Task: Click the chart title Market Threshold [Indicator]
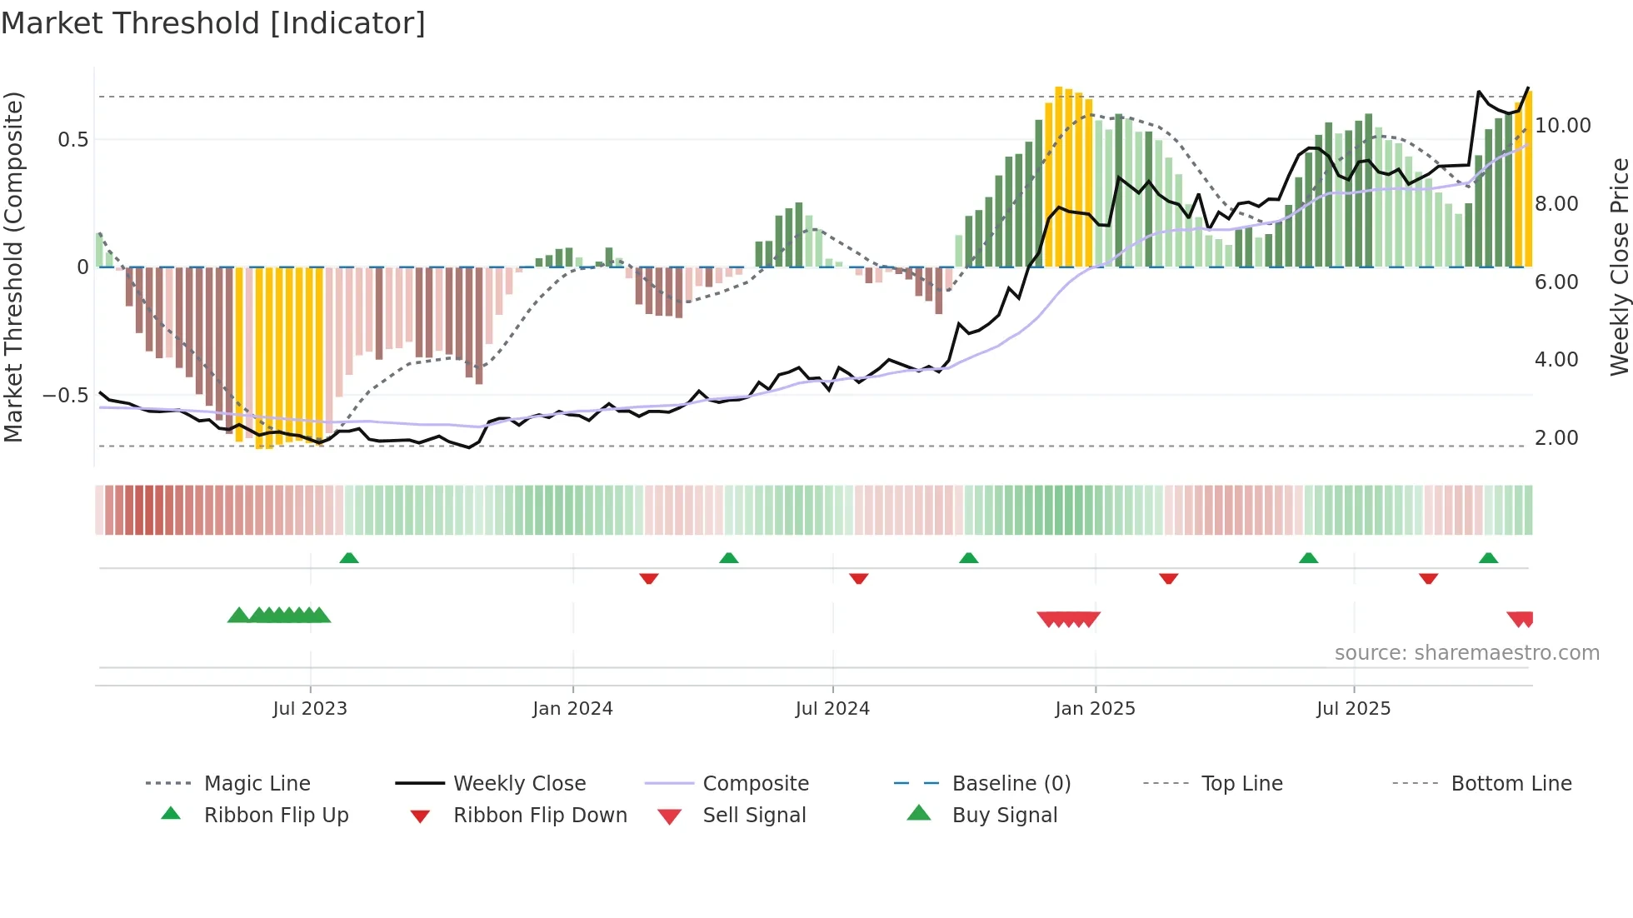(213, 23)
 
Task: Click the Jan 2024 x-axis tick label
(572, 708)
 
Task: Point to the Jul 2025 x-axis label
(1353, 708)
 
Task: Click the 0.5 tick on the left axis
(73, 139)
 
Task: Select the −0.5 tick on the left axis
(66, 395)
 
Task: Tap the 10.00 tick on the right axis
(1562, 126)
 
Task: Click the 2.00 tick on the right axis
(1556, 437)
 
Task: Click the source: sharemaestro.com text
(1466, 652)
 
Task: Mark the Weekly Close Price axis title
(1619, 267)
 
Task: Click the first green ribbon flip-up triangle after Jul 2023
(349, 558)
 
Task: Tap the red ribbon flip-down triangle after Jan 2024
(649, 578)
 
